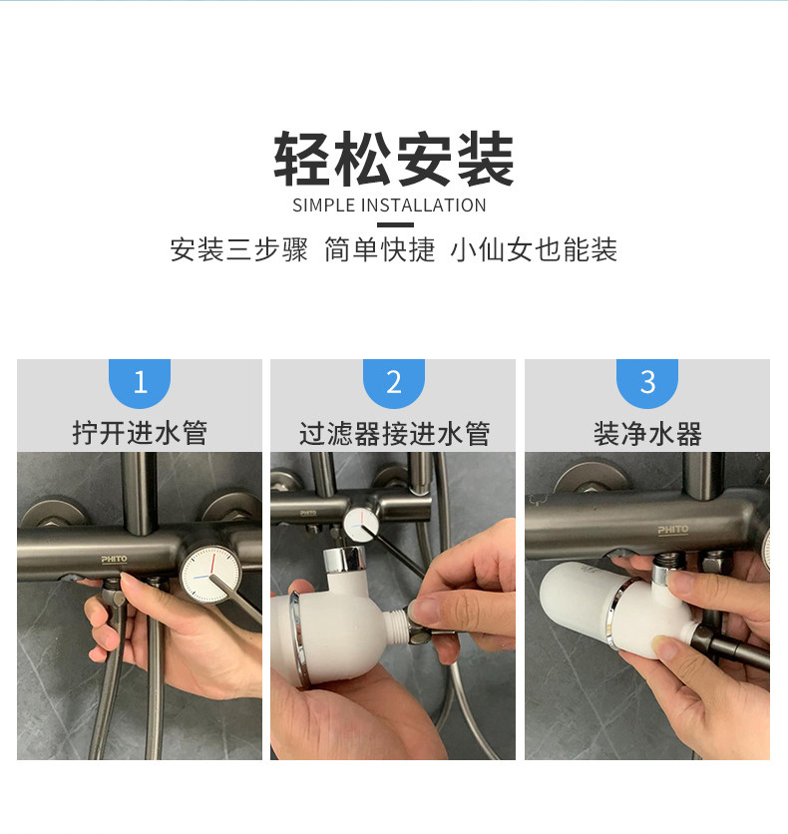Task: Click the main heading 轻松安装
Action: click(393, 159)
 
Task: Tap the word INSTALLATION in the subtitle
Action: click(423, 206)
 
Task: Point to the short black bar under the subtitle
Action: click(394, 224)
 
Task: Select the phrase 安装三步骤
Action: click(238, 249)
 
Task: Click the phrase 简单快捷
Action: click(380, 249)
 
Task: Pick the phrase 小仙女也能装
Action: click(534, 249)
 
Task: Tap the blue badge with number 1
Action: click(140, 382)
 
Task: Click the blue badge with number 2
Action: click(393, 382)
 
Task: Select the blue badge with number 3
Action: click(647, 382)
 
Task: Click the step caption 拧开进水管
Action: click(140, 432)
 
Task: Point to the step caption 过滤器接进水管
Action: click(394, 433)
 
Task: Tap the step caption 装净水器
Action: click(647, 433)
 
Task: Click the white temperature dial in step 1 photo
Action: click(210, 574)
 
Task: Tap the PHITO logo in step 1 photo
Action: click(115, 559)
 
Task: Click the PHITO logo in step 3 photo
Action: click(672, 530)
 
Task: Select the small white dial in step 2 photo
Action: click(361, 523)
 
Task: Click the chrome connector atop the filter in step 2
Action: click(344, 560)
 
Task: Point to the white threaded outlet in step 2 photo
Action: click(396, 624)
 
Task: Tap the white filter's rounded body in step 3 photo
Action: click(577, 600)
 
